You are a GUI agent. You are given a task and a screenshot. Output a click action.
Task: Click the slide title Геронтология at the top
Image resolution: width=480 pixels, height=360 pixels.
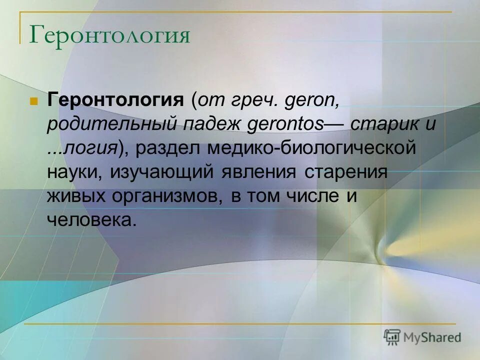110,35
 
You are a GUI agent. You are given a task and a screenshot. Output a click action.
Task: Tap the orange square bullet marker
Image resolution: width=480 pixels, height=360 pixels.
34,100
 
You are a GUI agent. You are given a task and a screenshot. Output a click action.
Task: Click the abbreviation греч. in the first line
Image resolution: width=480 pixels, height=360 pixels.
253,100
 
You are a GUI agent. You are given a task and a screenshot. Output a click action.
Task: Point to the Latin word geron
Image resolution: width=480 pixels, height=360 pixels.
311,100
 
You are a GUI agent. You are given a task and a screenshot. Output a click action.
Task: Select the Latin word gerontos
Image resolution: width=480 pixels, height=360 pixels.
286,124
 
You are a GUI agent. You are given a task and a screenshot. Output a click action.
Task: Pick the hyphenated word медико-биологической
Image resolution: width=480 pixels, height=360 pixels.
312,148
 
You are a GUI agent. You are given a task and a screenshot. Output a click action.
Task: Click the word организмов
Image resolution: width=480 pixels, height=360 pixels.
168,195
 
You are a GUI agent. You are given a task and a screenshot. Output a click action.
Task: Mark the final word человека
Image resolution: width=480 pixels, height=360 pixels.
91,219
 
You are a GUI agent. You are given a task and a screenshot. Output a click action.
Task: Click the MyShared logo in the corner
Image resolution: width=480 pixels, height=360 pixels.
422,337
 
